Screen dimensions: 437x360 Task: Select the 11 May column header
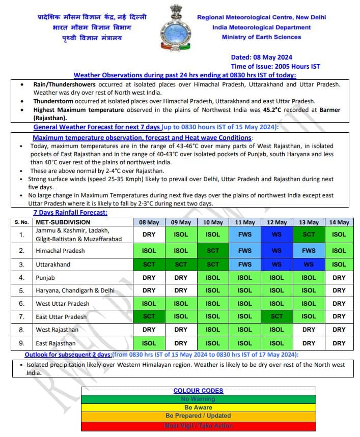tap(245, 222)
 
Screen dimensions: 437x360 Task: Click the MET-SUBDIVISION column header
tap(63, 222)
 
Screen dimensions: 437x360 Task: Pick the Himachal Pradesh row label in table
tap(60, 251)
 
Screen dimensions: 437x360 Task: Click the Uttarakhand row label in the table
tap(53, 265)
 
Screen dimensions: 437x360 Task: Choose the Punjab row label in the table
tap(45, 278)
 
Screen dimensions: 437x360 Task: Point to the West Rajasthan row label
tap(57, 330)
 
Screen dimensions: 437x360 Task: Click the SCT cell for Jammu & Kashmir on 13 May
tap(309, 235)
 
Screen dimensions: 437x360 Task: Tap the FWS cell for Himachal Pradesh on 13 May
tap(309, 251)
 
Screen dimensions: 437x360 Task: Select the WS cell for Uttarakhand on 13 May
tap(309, 265)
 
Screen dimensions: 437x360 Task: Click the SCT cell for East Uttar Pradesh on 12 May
tap(276, 316)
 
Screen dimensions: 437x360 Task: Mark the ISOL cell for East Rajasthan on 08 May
tap(149, 343)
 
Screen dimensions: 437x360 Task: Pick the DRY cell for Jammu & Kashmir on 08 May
tap(149, 235)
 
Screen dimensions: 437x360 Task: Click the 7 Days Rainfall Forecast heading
tap(70, 213)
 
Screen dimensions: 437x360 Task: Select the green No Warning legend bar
tap(198, 399)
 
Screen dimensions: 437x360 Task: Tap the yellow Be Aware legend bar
tap(198, 408)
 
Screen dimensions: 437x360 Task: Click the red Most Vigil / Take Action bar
tap(198, 426)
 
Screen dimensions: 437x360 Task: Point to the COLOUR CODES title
tap(198, 391)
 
